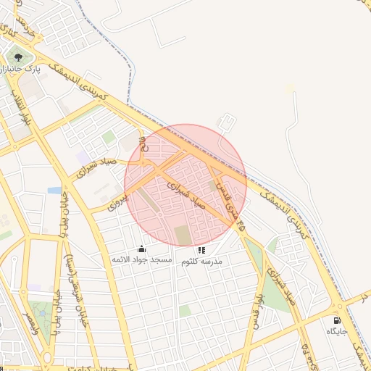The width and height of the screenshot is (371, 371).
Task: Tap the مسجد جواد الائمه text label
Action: pos(141,259)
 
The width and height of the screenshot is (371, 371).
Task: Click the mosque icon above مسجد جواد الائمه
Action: pos(141,249)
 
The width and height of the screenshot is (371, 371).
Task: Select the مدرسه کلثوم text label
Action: pos(201,260)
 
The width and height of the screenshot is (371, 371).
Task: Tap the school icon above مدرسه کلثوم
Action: pos(201,250)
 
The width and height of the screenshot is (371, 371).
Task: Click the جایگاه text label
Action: pos(337,330)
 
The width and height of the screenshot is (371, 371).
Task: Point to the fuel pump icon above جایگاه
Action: pos(337,320)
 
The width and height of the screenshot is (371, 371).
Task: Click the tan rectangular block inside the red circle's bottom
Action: pos(182,235)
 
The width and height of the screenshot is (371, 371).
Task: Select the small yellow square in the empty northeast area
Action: pos(290,88)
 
